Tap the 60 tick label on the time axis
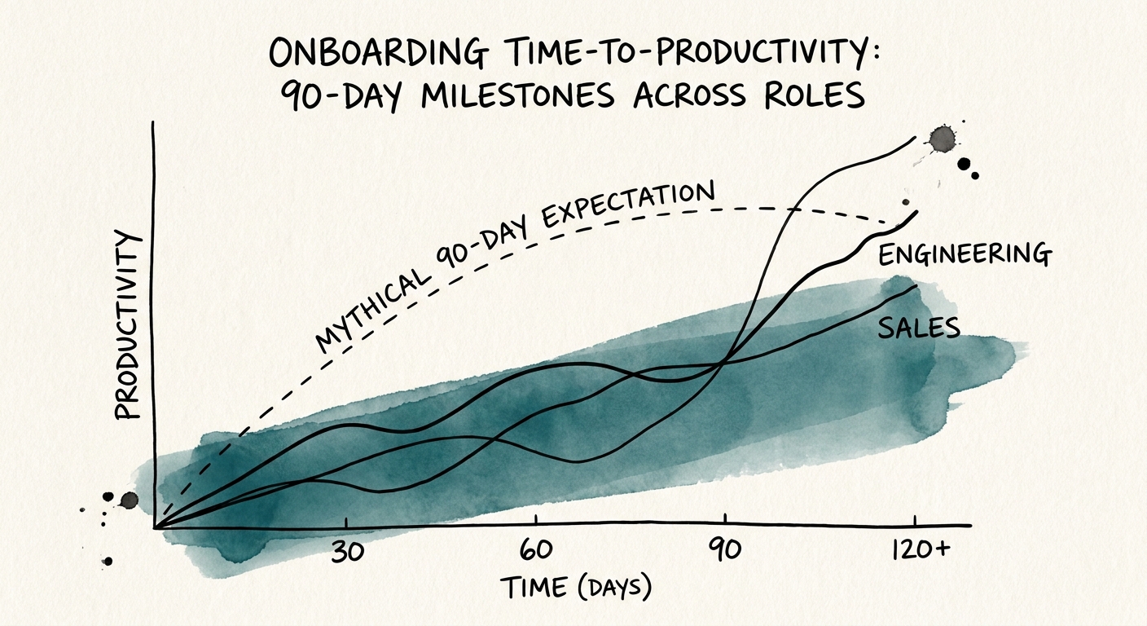click(537, 551)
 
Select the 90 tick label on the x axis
click(724, 551)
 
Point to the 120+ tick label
click(917, 550)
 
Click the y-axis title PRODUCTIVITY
click(127, 324)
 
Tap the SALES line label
click(920, 328)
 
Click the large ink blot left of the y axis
click(129, 500)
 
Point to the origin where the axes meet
click(155, 527)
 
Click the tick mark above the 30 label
click(347, 522)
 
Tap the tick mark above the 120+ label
click(916, 522)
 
